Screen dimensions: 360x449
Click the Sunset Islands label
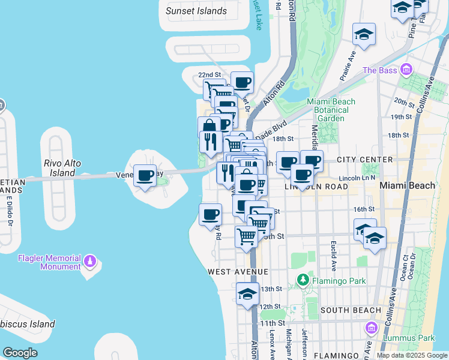[x=196, y=11]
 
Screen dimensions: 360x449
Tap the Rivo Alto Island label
[x=62, y=168]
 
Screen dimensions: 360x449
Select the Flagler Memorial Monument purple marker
[x=90, y=261]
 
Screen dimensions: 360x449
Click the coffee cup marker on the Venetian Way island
[x=145, y=176]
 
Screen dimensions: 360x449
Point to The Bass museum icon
[x=407, y=70]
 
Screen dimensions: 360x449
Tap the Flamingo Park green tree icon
[x=304, y=280]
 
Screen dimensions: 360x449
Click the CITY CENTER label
[x=364, y=160]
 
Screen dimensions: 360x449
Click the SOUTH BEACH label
[x=351, y=310]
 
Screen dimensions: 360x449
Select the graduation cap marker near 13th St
[x=247, y=295]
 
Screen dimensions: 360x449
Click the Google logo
[x=20, y=353]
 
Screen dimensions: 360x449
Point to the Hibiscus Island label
[x=28, y=325]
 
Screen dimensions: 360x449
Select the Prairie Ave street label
[x=348, y=66]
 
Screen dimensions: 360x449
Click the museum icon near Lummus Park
[x=371, y=328]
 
